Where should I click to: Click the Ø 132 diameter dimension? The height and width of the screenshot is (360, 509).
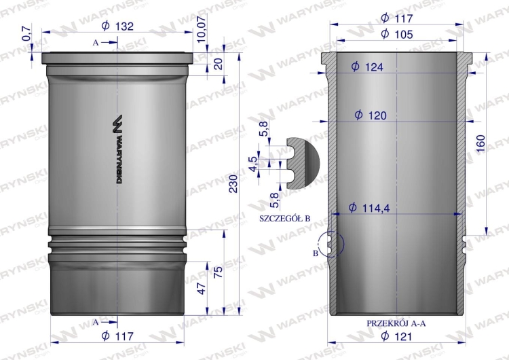coord(117,26)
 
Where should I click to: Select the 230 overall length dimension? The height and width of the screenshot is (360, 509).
coord(233,183)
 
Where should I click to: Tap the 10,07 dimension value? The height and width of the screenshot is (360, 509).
coord(202,29)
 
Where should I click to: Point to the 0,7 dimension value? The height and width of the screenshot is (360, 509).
coord(26,33)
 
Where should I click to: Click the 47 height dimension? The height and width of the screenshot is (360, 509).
coord(202,289)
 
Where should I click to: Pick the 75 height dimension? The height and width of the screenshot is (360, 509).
coord(219,272)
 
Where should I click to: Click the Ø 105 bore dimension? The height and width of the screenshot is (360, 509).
coord(397,34)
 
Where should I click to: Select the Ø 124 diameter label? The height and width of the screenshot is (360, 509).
coord(367,67)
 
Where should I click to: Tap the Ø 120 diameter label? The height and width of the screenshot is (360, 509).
coord(371,115)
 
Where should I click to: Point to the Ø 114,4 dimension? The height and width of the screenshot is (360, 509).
coord(369,208)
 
